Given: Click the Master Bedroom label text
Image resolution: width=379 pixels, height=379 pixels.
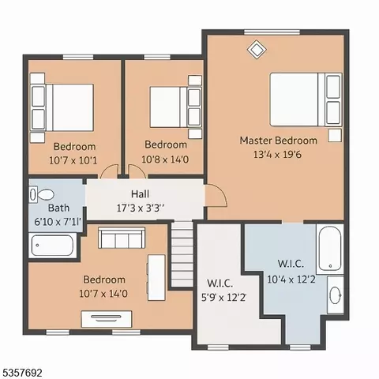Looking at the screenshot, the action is point(278,141).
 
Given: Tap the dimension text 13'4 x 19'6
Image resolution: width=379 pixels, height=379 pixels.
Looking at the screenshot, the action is point(277,155).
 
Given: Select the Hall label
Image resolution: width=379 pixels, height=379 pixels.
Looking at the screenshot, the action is point(140,194).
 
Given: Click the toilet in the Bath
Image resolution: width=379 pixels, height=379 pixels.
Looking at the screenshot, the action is point(42,195).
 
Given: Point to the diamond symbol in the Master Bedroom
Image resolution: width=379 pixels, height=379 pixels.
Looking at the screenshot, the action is point(257,49).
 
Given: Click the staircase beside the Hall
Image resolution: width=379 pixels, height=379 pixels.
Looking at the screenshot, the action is point(182,254).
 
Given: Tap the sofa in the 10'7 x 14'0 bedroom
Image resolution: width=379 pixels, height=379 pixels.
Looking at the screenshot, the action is point(122,238).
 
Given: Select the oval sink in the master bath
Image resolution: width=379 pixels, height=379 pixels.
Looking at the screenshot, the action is point(336,295).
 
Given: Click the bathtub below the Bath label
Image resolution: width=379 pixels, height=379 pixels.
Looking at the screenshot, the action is point(52,246).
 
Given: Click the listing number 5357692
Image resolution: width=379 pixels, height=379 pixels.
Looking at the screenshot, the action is point(21,373).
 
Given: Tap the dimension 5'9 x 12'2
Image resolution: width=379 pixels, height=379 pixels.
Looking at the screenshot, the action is point(223,298).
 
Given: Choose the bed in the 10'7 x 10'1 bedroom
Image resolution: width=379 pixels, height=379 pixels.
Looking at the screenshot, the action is point(62,107).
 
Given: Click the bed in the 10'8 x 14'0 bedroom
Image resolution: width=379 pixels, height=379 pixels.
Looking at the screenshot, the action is point(175,107).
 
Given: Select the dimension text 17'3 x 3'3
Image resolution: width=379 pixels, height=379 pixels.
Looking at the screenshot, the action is point(141,208).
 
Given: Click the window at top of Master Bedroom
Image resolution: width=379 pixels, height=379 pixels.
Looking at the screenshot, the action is point(272,32).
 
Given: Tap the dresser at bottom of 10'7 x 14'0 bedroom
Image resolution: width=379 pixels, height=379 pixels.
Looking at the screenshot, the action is point(107,319).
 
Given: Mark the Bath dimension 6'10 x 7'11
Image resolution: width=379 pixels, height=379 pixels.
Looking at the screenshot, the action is point(58,222).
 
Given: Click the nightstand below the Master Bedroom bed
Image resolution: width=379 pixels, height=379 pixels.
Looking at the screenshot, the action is point(335,135).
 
